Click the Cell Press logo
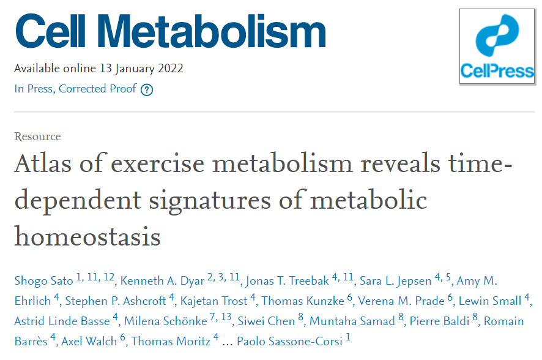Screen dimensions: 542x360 (497, 47)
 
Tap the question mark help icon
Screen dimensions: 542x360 (147, 90)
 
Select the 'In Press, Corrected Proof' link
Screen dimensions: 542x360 (75, 89)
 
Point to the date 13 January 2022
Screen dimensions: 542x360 (141, 69)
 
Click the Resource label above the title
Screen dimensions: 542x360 (37, 137)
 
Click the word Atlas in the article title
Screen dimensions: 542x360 (43, 163)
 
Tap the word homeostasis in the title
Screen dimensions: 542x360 (87, 236)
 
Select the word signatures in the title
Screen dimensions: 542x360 (210, 201)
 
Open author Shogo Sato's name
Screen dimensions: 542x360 (43, 280)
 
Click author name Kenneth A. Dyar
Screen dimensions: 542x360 (162, 280)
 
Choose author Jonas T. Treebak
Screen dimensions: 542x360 (288, 280)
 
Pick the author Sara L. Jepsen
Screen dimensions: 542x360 (395, 280)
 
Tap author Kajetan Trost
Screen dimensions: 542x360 (213, 301)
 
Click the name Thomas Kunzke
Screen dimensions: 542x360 (303, 301)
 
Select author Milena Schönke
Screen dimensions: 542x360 (166, 321)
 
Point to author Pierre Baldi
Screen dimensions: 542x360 (439, 321)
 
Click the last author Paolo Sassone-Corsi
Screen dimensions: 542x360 (290, 341)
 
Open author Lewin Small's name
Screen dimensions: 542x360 (490, 301)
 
